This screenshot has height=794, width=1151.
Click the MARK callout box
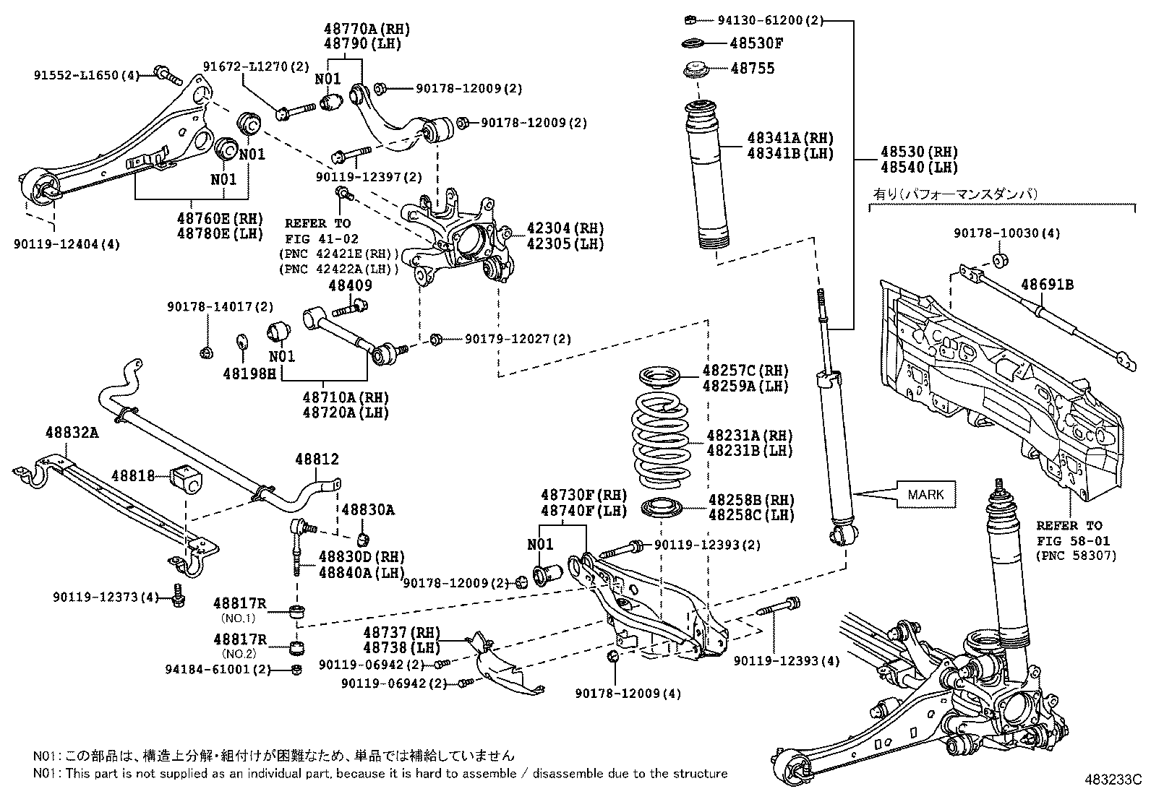925,494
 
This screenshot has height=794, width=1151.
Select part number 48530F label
756,43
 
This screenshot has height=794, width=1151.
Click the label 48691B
1047,285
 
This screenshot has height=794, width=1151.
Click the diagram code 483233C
1111,780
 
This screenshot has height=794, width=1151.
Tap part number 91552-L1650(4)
87,74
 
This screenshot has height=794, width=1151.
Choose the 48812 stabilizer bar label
316,459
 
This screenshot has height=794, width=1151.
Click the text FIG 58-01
1068,540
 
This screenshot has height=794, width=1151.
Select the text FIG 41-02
321,238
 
